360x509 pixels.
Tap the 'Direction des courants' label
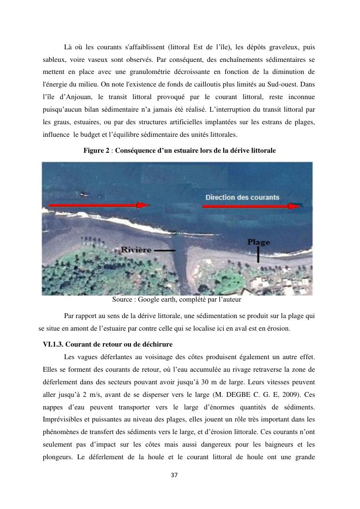[x=242, y=197]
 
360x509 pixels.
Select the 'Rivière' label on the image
[x=136, y=250]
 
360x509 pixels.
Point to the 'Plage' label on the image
[x=259, y=241]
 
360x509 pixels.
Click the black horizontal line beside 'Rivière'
[x=165, y=251]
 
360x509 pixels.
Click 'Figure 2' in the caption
[x=97, y=151]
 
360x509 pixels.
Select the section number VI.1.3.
[x=53, y=344]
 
